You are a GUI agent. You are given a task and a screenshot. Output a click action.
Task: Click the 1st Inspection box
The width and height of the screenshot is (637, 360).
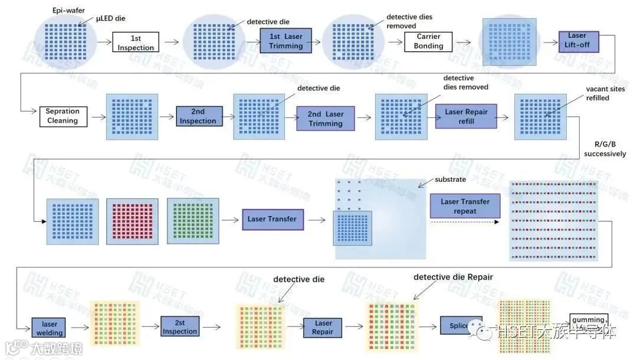click(136, 42)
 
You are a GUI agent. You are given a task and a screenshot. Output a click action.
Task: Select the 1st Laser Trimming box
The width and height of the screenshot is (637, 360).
click(285, 41)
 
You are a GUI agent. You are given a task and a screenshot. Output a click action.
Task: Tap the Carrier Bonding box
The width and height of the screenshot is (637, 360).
click(429, 41)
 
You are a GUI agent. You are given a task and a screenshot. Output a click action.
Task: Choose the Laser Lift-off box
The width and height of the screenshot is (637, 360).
click(579, 40)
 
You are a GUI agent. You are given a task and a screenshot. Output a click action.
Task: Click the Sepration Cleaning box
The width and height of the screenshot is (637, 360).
click(63, 116)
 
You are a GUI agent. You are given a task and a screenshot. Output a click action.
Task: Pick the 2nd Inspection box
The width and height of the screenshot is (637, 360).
click(199, 116)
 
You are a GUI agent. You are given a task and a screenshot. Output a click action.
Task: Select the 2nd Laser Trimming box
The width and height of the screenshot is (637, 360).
click(326, 119)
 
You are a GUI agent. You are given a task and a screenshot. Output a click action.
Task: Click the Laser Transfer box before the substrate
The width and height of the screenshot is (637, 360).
click(272, 219)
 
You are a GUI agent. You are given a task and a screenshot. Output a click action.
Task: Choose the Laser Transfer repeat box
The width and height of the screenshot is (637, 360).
click(465, 206)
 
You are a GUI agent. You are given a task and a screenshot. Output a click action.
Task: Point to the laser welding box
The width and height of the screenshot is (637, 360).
click(49, 328)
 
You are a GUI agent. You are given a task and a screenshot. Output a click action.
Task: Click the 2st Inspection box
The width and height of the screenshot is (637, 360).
click(179, 327)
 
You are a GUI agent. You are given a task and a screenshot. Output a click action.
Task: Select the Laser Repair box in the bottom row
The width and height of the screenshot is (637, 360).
click(323, 327)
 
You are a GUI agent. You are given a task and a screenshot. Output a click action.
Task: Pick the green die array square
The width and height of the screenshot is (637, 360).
click(192, 221)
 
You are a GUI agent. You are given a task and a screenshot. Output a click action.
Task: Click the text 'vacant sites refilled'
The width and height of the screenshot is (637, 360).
click(597, 93)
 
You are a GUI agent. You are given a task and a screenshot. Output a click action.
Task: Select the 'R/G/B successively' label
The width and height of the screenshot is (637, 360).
click(605, 149)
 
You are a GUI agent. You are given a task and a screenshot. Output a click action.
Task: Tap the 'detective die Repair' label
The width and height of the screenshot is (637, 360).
click(453, 277)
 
